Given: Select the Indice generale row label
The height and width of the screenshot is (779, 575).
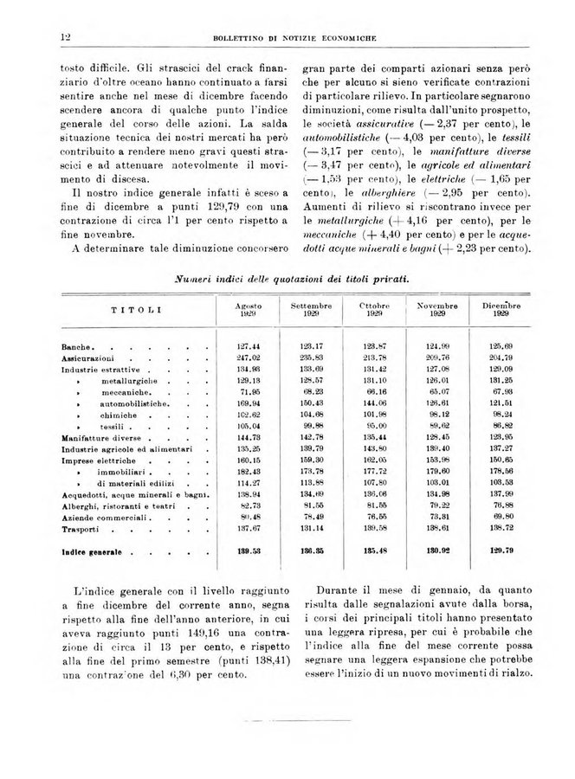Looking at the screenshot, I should [94, 550].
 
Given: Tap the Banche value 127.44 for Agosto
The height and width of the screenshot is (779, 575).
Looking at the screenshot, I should [249, 346].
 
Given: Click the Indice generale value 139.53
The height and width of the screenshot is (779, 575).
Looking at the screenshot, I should [249, 550].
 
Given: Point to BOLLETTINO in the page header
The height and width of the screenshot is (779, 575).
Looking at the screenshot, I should [242, 36].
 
